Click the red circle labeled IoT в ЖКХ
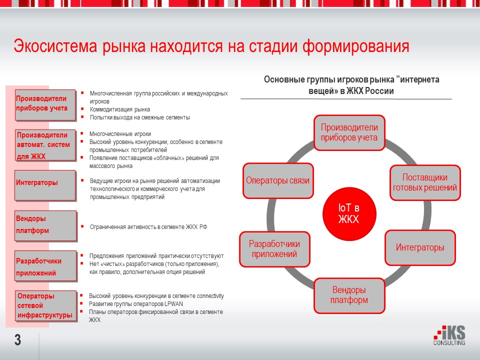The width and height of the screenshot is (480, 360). (349, 214)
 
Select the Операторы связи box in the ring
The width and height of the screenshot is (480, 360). (278, 180)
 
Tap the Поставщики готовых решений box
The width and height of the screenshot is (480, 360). (425, 183)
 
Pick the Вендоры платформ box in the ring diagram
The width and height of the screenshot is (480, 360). (349, 295)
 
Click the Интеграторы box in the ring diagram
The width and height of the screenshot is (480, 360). (420, 247)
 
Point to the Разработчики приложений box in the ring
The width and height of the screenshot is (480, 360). (274, 249)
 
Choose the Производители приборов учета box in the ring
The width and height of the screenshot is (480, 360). (349, 133)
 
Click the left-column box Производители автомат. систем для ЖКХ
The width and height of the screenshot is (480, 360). (45, 145)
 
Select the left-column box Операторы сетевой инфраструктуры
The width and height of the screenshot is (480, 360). (46, 306)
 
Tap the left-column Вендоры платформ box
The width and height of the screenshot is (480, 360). (45, 225)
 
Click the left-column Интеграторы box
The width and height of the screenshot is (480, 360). (45, 185)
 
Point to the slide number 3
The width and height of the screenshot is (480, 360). (18, 340)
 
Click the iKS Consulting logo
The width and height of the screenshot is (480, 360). (449, 335)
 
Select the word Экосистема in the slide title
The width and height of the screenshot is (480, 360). (55, 46)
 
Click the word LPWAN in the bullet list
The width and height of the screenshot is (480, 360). (173, 304)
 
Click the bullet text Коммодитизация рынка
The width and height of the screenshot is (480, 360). (120, 109)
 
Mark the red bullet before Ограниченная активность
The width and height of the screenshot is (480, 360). (82, 226)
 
